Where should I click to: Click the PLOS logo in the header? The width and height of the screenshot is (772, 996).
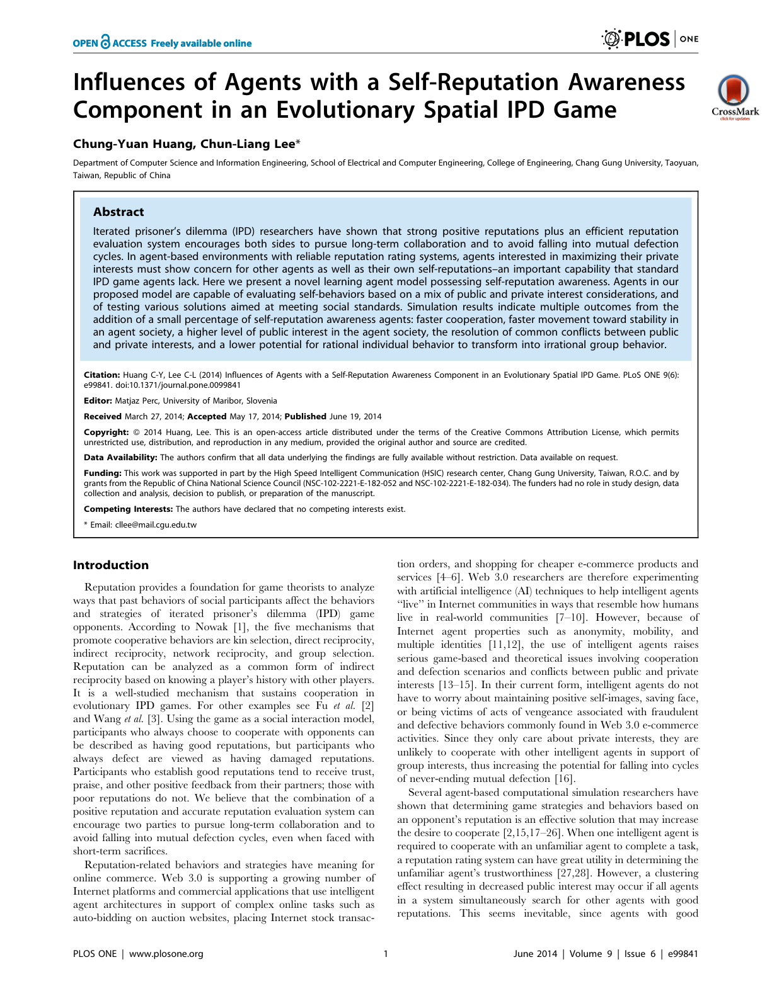point(636,39)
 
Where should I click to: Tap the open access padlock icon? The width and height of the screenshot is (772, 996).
point(105,42)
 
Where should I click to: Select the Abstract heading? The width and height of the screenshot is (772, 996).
point(118,212)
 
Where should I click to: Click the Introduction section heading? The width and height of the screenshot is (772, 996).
point(111,565)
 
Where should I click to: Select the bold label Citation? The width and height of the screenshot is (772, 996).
point(102,375)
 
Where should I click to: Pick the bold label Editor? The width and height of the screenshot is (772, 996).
point(98,401)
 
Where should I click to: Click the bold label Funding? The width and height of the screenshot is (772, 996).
point(103,473)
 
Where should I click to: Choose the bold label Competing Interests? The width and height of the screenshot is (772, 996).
point(129,509)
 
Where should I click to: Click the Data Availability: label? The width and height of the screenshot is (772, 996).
point(120,458)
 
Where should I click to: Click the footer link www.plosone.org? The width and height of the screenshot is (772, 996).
point(166,954)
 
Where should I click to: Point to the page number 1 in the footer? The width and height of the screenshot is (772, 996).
point(386,954)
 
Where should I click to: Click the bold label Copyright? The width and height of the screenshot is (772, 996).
point(107,433)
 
